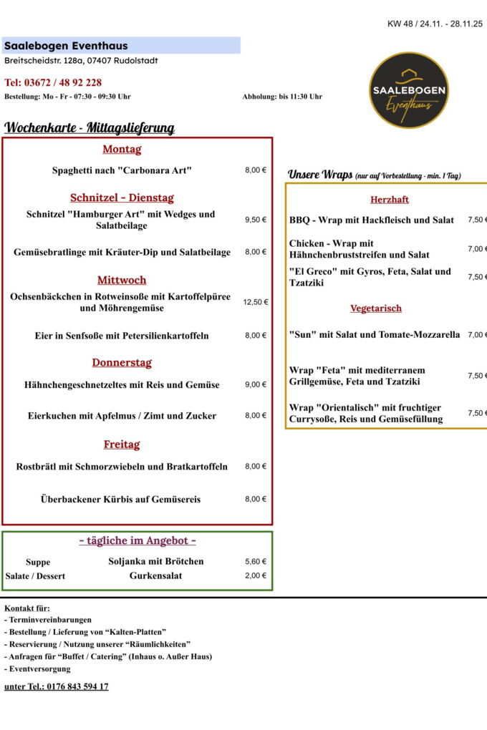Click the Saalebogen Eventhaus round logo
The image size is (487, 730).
[409, 90]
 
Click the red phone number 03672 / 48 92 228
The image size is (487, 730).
[53, 82]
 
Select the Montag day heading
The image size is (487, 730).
[122, 149]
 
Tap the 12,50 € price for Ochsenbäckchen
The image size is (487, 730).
[255, 302]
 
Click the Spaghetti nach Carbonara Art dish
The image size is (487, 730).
[122, 170]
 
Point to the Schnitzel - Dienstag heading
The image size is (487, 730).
[122, 198]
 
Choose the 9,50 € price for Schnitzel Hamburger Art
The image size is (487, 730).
[255, 220]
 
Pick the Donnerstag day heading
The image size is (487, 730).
[122, 362]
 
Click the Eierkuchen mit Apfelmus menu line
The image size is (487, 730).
[122, 416]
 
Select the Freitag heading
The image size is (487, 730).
[122, 444]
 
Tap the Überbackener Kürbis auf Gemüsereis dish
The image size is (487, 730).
[120, 499]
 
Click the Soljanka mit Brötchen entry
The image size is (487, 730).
[156, 561]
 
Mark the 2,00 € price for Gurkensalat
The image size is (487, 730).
[255, 575]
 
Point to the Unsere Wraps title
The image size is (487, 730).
[320, 174]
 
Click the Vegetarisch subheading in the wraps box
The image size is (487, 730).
[376, 308]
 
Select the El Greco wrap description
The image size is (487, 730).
[370, 277]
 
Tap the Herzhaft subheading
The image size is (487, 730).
[390, 200]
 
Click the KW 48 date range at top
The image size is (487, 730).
[435, 24]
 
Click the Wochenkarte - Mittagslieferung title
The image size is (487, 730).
[90, 128]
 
